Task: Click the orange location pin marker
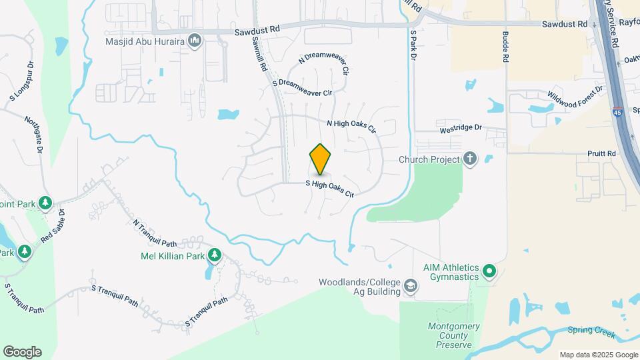[321, 159]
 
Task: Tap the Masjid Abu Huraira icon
[195, 41]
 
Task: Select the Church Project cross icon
[471, 159]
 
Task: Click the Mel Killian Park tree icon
[215, 255]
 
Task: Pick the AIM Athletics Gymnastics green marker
[489, 271]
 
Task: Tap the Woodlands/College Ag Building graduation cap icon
[411, 287]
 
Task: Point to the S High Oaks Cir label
[329, 187]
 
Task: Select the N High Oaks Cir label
[351, 124]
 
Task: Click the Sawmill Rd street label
[259, 54]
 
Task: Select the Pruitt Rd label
[602, 153]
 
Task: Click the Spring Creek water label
[591, 330]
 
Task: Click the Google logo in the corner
[22, 352]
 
